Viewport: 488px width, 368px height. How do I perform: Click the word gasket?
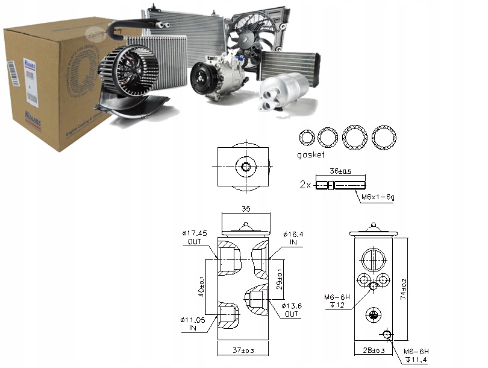310,155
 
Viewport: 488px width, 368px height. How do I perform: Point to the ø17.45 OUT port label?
194,237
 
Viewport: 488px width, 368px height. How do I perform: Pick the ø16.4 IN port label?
293,237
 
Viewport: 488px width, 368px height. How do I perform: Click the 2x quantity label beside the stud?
305,185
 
